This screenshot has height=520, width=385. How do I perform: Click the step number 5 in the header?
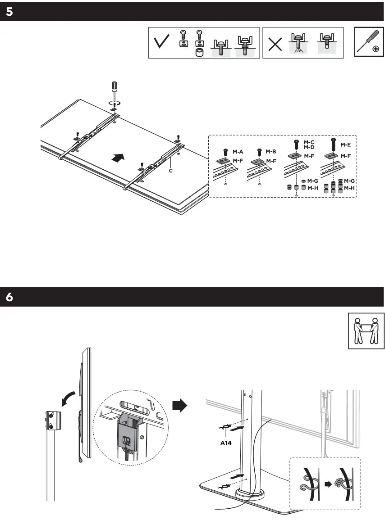point(9,12)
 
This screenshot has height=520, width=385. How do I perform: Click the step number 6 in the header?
point(9,298)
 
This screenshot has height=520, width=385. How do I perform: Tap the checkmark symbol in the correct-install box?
point(162,43)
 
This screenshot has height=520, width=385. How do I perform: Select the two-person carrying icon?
point(366,331)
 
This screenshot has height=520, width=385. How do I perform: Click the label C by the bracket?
point(170,171)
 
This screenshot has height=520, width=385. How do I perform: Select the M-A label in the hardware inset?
point(238,152)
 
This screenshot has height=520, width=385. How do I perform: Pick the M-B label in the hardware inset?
point(270,152)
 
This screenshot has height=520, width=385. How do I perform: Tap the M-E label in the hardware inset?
point(345,145)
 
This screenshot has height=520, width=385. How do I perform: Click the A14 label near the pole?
point(226,443)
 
